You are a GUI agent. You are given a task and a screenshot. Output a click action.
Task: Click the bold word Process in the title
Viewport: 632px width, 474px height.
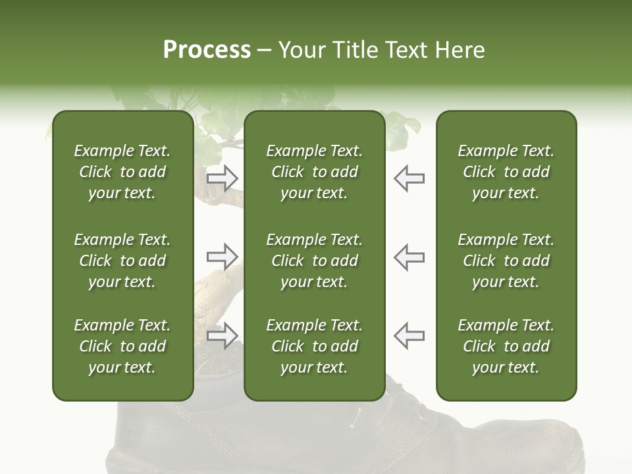point(207,50)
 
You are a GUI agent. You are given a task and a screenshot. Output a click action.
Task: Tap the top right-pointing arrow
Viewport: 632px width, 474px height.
point(223,178)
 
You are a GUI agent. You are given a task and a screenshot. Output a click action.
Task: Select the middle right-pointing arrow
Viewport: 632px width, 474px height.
point(223,257)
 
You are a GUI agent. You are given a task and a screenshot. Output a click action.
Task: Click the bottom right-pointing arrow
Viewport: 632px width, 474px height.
point(223,335)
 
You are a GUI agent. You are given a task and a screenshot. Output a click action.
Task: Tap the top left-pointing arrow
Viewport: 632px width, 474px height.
point(409,178)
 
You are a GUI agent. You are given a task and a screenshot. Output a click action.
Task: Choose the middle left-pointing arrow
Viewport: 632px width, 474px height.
point(409,257)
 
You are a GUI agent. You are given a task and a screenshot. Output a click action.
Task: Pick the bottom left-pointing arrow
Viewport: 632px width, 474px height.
point(409,335)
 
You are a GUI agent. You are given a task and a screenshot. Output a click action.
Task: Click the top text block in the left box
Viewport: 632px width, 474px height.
point(122,172)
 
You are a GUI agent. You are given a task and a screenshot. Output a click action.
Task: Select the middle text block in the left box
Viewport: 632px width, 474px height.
point(122,261)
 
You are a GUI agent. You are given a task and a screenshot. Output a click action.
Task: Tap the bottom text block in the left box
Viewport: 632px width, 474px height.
point(122,346)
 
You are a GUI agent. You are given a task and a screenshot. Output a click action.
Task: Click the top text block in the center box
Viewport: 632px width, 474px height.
point(314,172)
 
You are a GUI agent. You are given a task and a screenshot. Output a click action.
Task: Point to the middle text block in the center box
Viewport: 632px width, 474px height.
point(314,261)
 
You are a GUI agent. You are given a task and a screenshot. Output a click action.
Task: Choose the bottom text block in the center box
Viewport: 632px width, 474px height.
point(314,346)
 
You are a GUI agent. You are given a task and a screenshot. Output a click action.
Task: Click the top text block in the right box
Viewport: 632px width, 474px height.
point(506,172)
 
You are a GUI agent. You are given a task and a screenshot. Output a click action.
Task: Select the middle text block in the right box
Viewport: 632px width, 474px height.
point(506,261)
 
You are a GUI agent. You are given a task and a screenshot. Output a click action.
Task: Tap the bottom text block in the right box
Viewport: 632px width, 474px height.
point(506,346)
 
